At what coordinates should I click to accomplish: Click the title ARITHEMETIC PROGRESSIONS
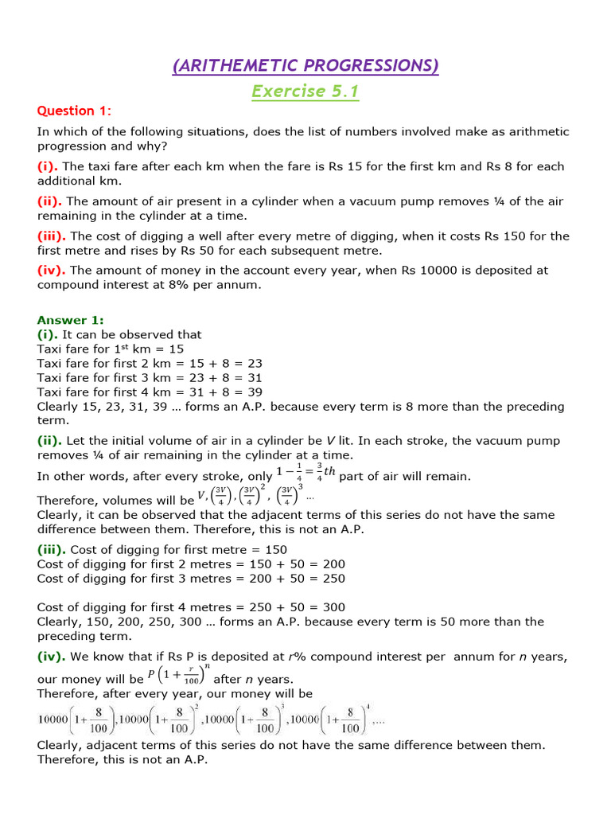[305, 65]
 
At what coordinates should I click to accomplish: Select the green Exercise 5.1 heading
[305, 92]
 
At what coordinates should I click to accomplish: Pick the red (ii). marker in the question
[52, 201]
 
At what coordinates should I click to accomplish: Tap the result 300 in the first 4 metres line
[334, 607]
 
